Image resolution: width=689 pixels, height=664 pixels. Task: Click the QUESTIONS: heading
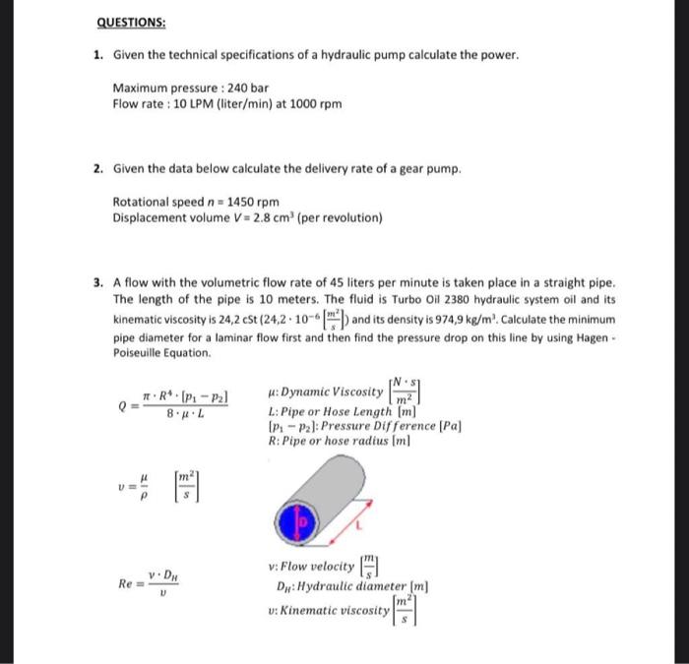tap(130, 23)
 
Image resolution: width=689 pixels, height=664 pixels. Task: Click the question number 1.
tap(98, 55)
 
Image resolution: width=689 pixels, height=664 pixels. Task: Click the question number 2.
tap(98, 169)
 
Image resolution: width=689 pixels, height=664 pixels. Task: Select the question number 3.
tap(98, 282)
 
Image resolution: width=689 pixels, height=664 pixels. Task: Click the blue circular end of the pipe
tap(303, 522)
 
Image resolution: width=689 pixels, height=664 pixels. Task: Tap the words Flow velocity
tap(317, 567)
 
